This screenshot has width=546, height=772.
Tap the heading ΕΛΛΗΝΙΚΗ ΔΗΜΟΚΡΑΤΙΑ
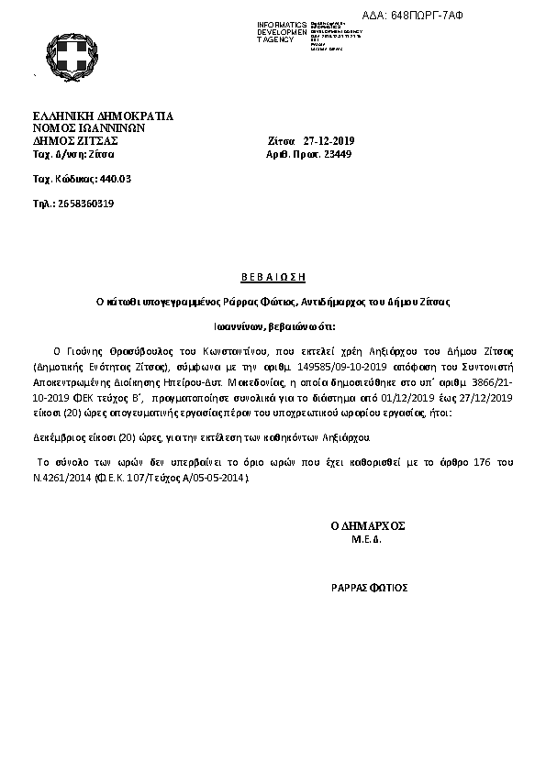(x=103, y=116)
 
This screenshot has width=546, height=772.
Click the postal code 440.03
(x=115, y=178)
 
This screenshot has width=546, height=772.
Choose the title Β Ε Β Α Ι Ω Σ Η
(x=272, y=276)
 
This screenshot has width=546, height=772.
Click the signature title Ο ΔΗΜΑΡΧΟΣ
(x=367, y=526)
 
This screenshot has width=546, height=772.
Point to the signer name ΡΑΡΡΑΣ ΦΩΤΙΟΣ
(x=369, y=587)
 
